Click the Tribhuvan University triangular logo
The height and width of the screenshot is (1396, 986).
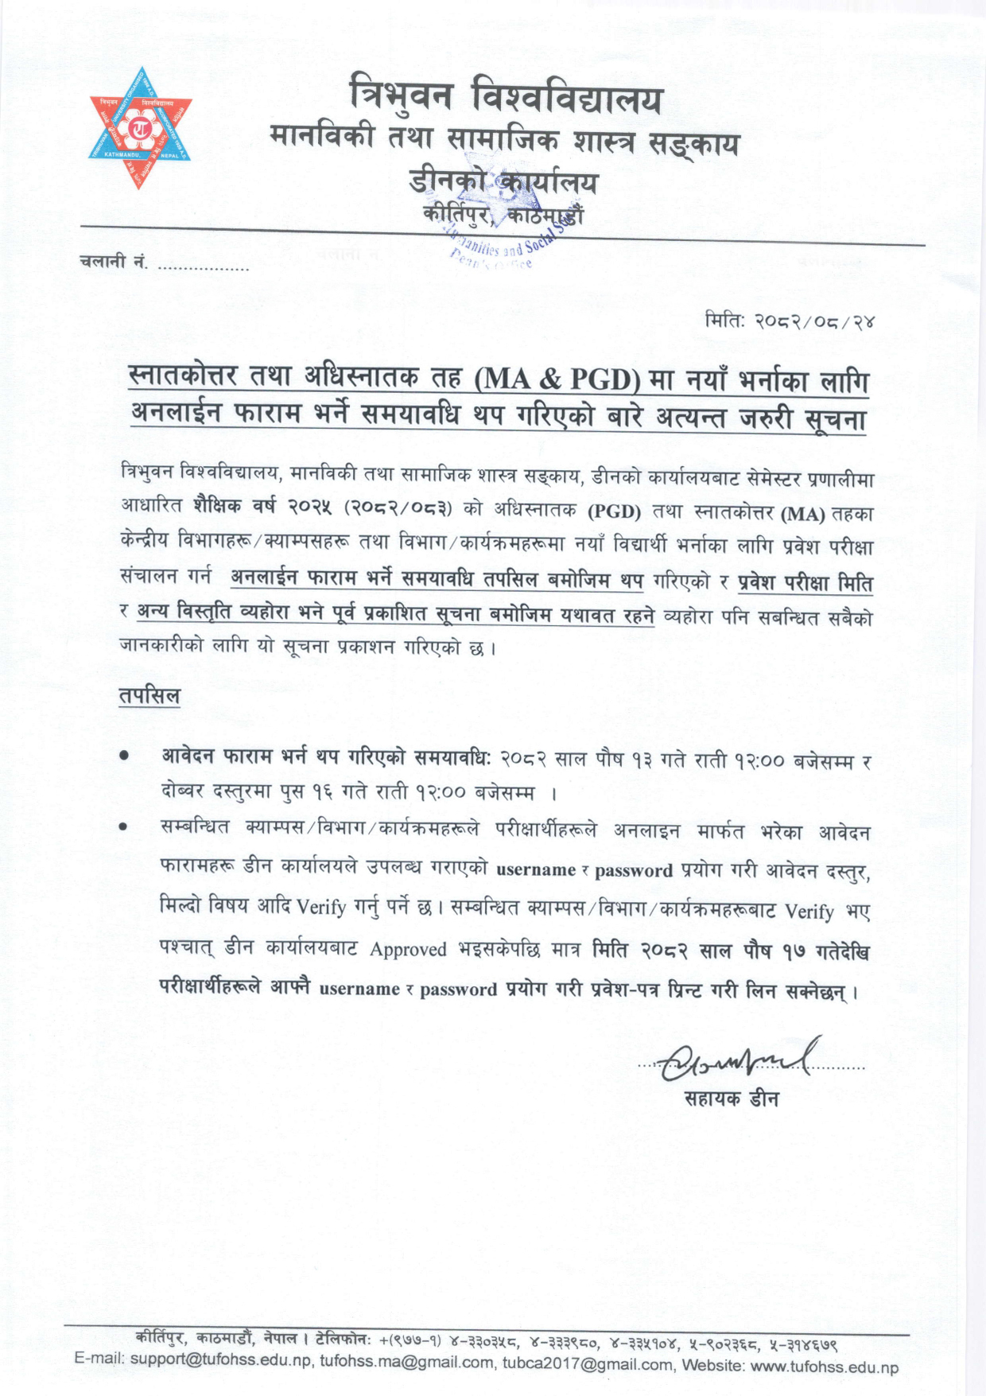point(140,127)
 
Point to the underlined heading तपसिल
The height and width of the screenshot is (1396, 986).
point(149,696)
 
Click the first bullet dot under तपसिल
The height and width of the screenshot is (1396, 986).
point(124,759)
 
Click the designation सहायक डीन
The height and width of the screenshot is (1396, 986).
point(732,1099)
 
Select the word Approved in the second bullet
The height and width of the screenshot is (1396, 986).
point(408,950)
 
